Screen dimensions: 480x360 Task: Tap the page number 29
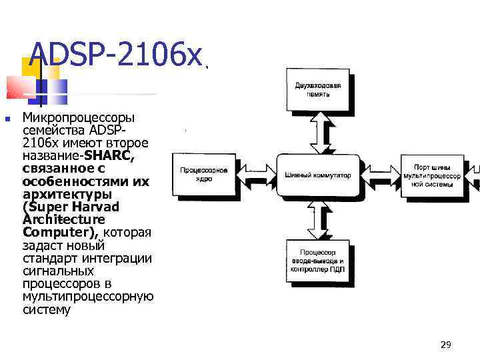(x=446, y=345)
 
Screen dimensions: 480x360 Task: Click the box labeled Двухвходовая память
(x=322, y=89)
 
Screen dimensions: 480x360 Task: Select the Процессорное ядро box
(x=204, y=175)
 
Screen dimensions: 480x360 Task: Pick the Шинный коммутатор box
(x=318, y=175)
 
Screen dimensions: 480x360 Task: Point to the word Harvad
(x=96, y=207)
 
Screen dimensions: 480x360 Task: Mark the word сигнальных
(x=58, y=271)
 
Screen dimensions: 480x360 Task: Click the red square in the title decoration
(x=20, y=87)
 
